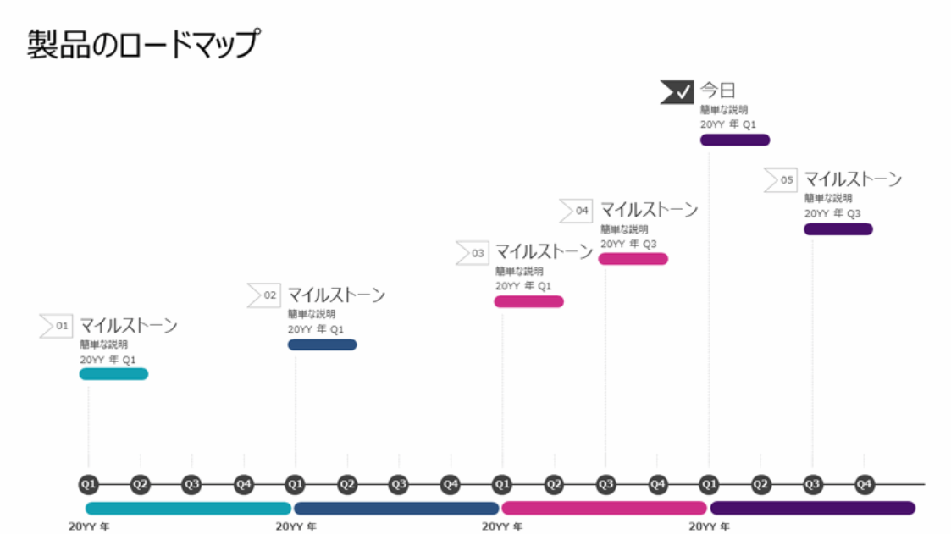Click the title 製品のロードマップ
[x=142, y=44]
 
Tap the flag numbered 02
[x=263, y=295]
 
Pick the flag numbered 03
[x=472, y=253]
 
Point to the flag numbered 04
[x=576, y=211]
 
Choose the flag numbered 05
[x=781, y=180]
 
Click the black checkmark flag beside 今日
[x=677, y=91]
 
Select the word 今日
[x=718, y=91]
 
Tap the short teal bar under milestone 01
[x=113, y=374]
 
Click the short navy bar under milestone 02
[x=322, y=344]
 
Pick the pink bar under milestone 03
[x=528, y=301]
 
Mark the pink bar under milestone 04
[x=633, y=259]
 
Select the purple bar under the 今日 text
[x=734, y=140]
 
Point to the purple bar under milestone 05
[x=838, y=229]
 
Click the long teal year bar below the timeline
[x=188, y=509]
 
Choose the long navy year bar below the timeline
[x=395, y=509]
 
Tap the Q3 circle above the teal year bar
[x=192, y=485]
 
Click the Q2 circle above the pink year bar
[x=554, y=485]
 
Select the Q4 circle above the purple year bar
[x=864, y=485]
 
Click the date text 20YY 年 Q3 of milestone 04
[x=628, y=245]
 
